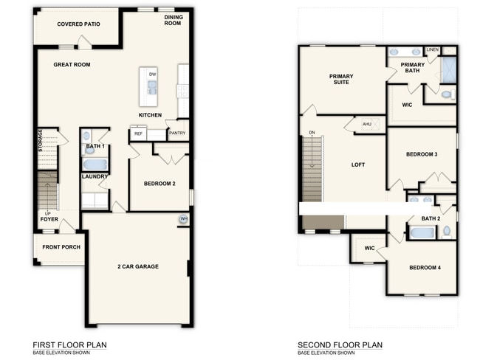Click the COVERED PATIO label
pos(78,23)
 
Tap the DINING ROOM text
pos(172,19)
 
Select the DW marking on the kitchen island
pos(152,75)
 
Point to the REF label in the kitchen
pos(137,134)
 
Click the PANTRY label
pos(176,134)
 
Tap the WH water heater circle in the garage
pos(183,219)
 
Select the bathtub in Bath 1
pos(95,164)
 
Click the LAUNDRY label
pos(95,176)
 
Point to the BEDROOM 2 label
pos(160,183)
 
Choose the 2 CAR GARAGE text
pos(137,266)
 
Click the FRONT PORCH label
pos(60,247)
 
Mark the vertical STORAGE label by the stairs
pos(41,142)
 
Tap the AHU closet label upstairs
pos(367,124)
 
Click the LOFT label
pos(358,165)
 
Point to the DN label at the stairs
pos(312,134)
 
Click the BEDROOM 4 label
pos(425,267)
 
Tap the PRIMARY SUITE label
pos(341,79)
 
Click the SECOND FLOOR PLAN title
pos(340,345)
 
